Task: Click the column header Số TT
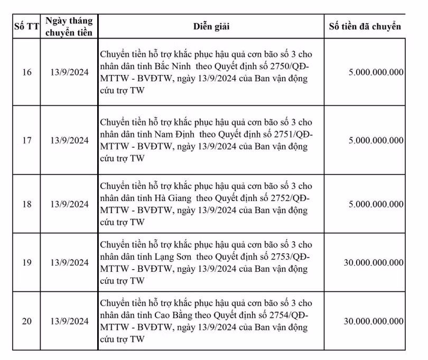coord(26,26)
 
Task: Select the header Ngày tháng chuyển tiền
coord(69,26)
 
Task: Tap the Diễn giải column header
coord(211,26)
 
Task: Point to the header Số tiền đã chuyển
coord(365,26)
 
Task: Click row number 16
coord(26,72)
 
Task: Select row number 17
coord(26,140)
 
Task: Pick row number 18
coord(26,204)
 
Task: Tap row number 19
coord(26,262)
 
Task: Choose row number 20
coord(26,321)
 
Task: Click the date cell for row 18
coord(70,204)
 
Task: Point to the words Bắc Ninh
coord(173,68)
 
